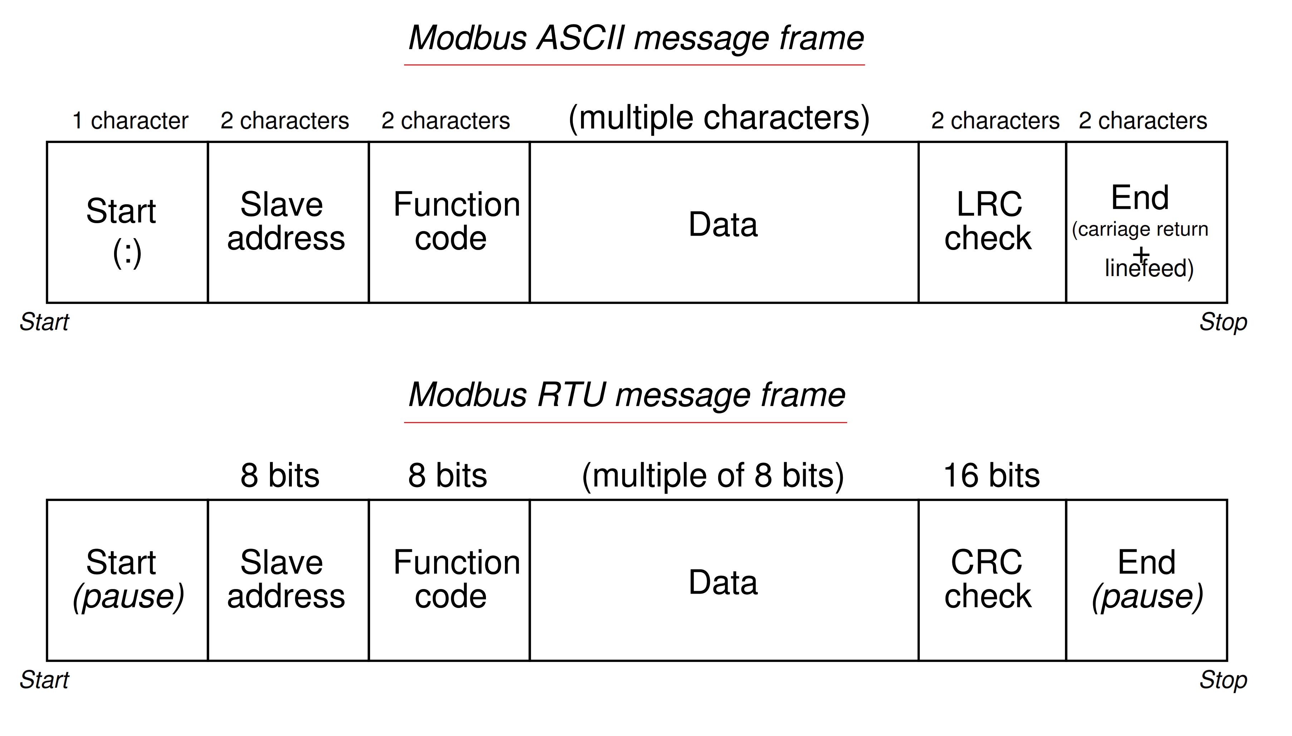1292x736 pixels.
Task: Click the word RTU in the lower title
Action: click(571, 395)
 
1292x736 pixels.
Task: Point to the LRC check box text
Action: click(988, 221)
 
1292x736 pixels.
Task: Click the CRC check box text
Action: click(987, 579)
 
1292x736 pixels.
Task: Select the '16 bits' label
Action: click(991, 476)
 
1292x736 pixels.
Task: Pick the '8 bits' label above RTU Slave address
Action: click(280, 476)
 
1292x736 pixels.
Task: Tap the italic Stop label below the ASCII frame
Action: click(1223, 322)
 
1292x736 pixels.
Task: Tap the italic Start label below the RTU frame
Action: click(44, 680)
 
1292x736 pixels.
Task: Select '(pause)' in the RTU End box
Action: click(1147, 597)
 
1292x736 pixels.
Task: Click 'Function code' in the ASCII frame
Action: click(456, 221)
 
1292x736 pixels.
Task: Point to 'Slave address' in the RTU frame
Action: click(285, 579)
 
